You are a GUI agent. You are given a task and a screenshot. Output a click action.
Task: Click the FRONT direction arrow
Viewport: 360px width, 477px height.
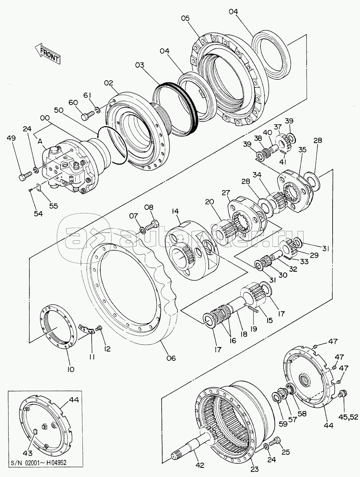48,53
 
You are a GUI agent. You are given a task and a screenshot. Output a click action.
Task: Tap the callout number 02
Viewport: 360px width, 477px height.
108,83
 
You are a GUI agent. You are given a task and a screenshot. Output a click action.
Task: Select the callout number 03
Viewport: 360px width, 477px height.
139,65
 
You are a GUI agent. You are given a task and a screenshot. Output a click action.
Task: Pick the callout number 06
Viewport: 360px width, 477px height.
171,358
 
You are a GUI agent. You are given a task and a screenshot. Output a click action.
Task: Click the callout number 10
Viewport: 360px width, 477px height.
70,369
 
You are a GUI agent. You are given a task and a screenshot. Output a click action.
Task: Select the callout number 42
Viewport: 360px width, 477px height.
200,465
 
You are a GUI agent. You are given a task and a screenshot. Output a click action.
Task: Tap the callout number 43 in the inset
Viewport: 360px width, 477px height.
27,453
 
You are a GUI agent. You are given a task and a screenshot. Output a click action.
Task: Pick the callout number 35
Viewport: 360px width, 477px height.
302,149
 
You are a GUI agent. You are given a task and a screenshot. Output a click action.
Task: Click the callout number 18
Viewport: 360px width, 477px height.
244,334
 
